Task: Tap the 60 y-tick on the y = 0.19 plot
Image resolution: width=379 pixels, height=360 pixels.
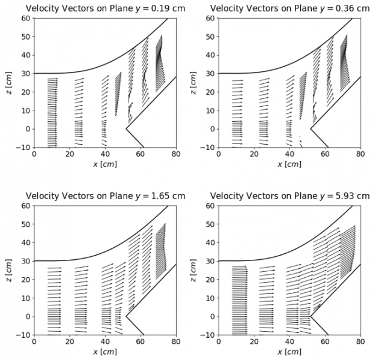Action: tap(25, 18)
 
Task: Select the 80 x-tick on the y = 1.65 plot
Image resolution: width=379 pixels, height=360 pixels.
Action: tap(175, 343)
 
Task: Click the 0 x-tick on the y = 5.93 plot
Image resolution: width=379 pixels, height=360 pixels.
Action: tap(219, 343)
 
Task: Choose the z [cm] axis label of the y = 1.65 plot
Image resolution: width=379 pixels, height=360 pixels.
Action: tap(8, 270)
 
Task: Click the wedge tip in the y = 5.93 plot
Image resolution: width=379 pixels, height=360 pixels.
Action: tap(310, 316)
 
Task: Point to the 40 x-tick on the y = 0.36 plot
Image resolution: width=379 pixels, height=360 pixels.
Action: tap(290, 155)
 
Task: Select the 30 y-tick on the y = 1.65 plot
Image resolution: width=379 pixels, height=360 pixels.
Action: tap(25, 260)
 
